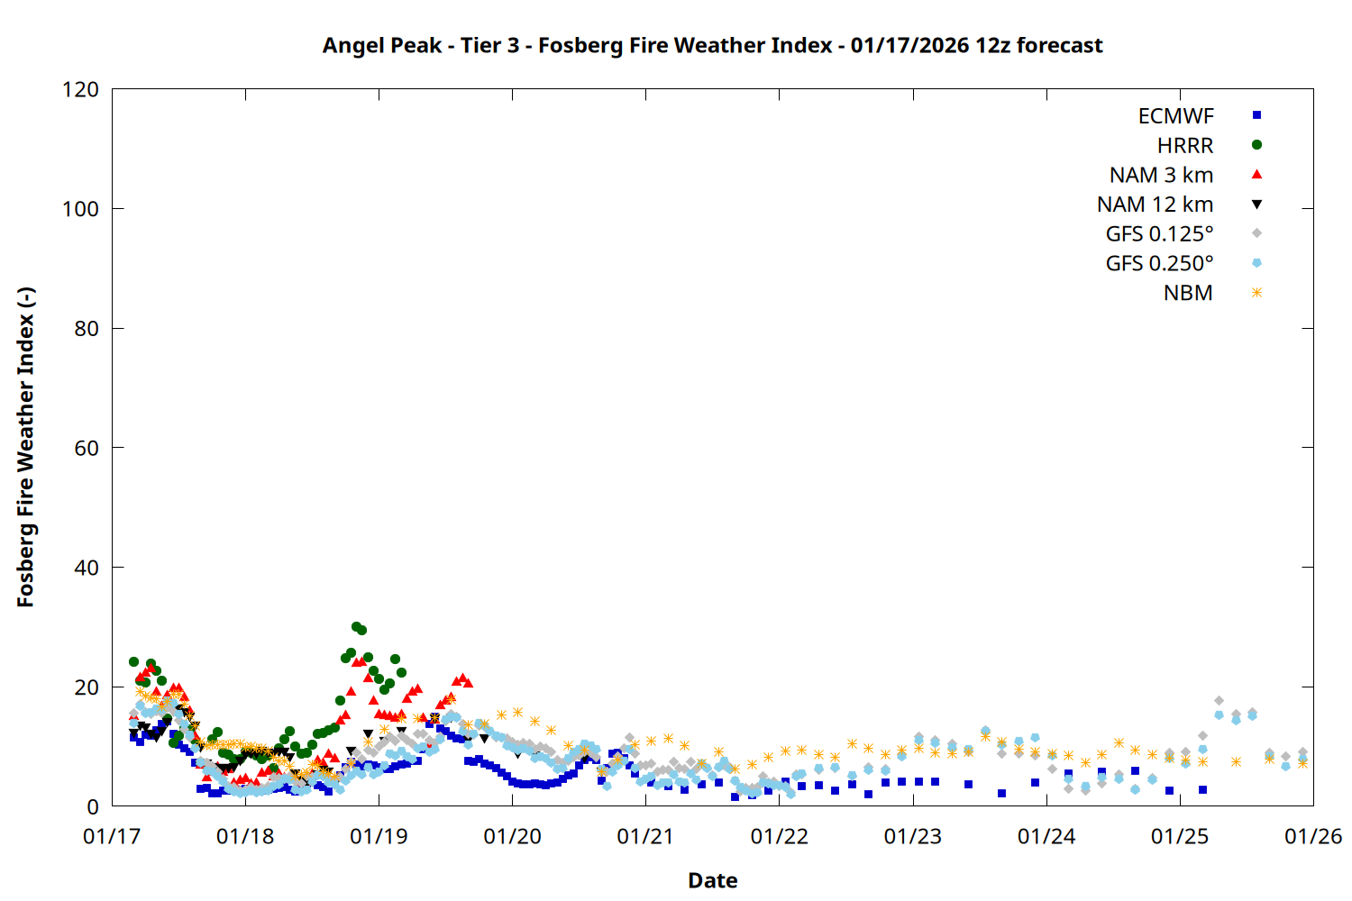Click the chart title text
[712, 45]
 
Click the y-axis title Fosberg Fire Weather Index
[25, 448]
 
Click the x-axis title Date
[712, 880]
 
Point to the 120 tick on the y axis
[81, 89]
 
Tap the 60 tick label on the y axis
[87, 448]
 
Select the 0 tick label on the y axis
[93, 806]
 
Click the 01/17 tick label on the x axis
[112, 837]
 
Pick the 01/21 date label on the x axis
[646, 837]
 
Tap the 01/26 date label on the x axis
[1313, 837]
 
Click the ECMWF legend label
[1175, 116]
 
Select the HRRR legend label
[1185, 146]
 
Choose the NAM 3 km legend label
[1161, 175]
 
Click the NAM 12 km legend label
[1155, 205]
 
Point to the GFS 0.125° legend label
[1159, 234]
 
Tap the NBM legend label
[1188, 293]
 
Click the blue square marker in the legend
[1256, 115]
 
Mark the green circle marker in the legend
[1256, 145]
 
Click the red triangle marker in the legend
[1256, 174]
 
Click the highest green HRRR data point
[356, 626]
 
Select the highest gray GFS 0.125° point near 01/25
[1219, 700]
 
